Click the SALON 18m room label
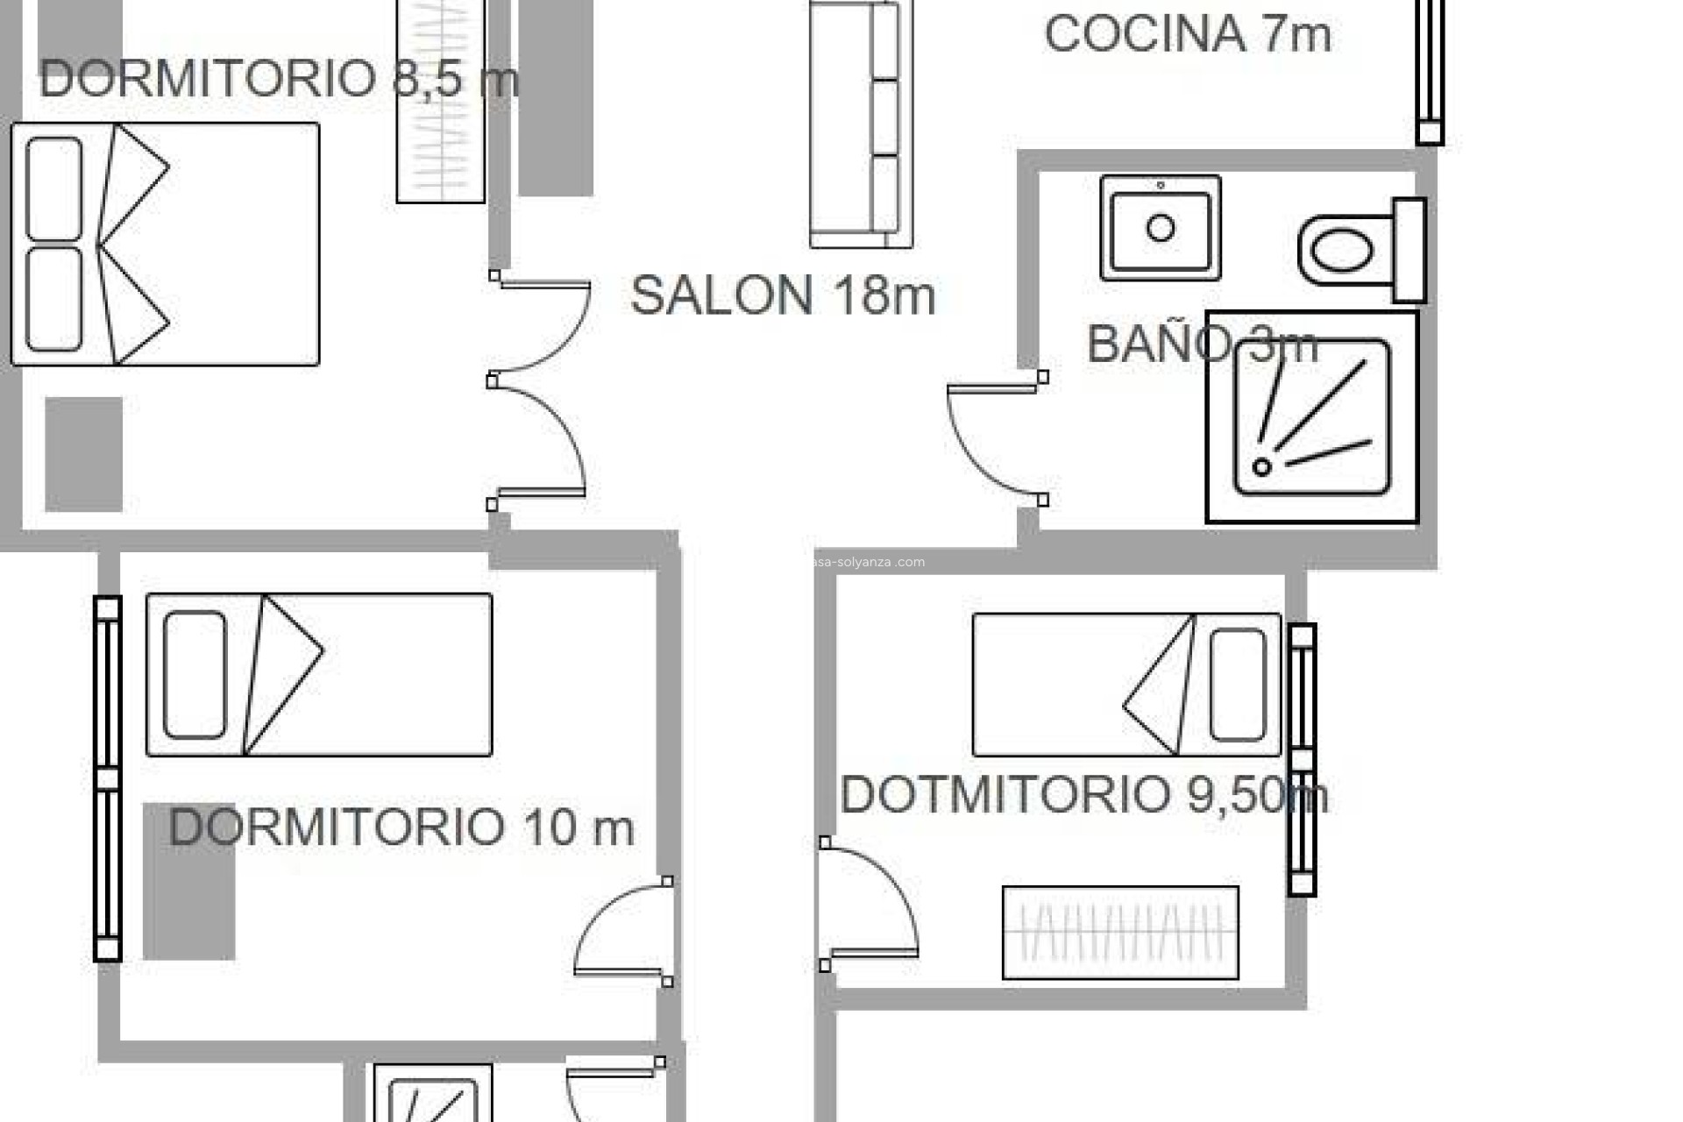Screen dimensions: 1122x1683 point(783,295)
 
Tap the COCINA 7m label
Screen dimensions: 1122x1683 point(1187,34)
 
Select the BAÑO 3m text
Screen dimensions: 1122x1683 point(1201,344)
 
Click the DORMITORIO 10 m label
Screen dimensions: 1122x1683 point(401,827)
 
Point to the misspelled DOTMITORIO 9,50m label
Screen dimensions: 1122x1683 point(1083,794)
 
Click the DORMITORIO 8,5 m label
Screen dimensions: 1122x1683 point(279,79)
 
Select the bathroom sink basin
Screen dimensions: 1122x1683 point(1160,229)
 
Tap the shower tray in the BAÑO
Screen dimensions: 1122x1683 point(1312,418)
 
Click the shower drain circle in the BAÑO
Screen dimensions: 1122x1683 point(1261,466)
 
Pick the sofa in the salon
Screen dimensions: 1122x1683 point(861,123)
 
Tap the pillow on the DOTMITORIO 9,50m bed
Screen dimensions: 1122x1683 point(1237,685)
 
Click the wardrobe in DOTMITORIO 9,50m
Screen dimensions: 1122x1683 point(1120,933)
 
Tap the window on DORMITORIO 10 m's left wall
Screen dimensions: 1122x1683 point(107,778)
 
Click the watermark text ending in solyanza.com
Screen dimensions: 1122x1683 point(868,562)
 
